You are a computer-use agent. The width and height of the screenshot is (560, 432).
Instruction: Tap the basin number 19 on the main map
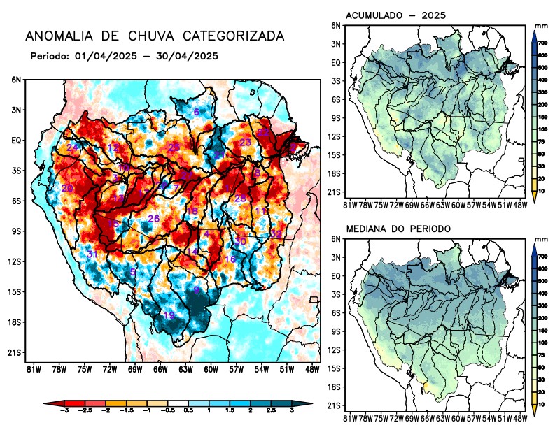pos(169,315)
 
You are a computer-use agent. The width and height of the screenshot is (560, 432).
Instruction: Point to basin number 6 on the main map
pos(197,112)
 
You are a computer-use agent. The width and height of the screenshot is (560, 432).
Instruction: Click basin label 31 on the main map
pos(92,254)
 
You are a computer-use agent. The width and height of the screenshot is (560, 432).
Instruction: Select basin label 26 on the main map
pos(154,219)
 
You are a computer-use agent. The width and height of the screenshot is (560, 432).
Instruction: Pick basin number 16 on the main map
pos(230,259)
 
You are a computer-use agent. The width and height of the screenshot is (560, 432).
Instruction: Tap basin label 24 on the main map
pos(72,147)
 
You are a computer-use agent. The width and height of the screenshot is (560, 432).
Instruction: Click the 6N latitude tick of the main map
pos(16,80)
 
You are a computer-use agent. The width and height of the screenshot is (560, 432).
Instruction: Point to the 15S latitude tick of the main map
pos(15,291)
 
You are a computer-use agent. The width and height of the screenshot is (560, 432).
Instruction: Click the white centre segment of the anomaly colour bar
pos(178,404)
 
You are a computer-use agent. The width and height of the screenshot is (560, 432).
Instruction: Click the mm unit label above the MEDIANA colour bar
pos(541,239)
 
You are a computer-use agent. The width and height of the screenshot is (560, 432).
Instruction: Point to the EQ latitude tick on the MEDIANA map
pos(336,276)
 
